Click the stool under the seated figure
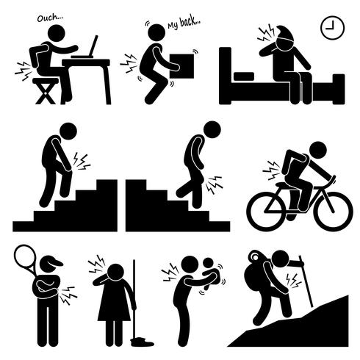point(46,89)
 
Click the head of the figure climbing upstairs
point(68,132)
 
